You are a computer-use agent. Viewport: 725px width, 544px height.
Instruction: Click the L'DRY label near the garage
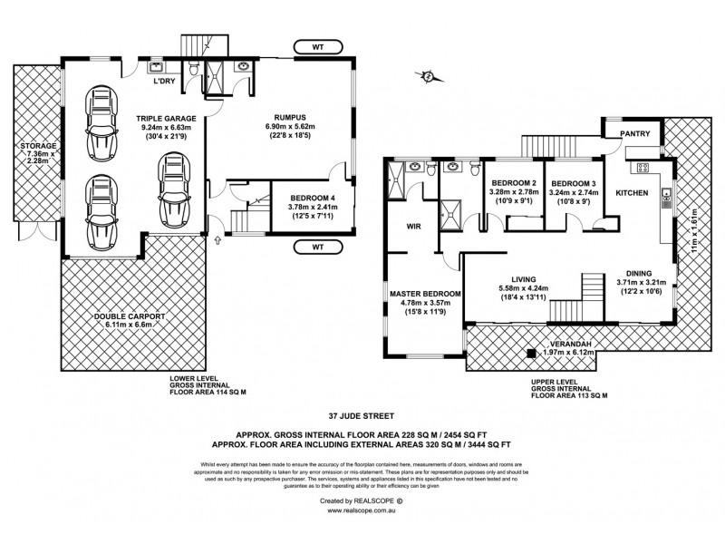(x=164, y=80)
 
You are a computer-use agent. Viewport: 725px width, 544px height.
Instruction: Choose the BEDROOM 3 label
(x=574, y=180)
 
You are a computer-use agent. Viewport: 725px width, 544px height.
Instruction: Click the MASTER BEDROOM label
(x=426, y=295)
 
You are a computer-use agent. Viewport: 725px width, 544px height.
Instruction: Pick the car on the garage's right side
(x=174, y=189)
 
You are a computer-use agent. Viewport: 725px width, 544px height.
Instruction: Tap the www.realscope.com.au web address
(x=360, y=510)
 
